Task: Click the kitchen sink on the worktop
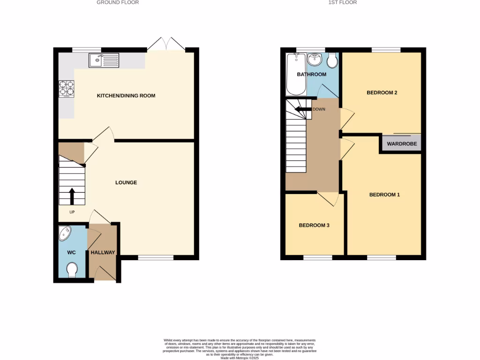click(104, 60)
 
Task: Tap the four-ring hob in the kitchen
click(66, 89)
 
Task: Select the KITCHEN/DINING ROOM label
click(126, 96)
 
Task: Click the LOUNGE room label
click(126, 182)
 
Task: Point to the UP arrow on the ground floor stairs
click(72, 196)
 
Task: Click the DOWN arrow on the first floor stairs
click(300, 110)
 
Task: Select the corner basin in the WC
click(65, 233)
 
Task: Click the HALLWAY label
click(103, 253)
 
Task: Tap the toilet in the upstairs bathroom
click(332, 60)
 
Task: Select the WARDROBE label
click(402, 143)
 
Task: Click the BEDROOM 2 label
click(382, 93)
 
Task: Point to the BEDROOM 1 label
click(384, 195)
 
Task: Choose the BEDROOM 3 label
click(314, 225)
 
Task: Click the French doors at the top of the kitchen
click(165, 45)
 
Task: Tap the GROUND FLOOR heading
click(118, 2)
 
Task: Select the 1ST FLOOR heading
click(343, 2)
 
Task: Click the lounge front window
click(156, 257)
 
